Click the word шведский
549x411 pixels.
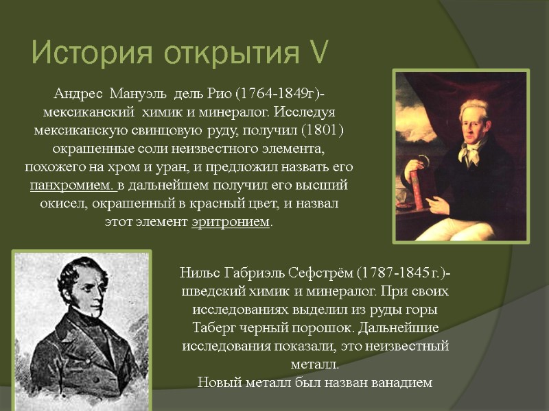pos(208,291)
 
